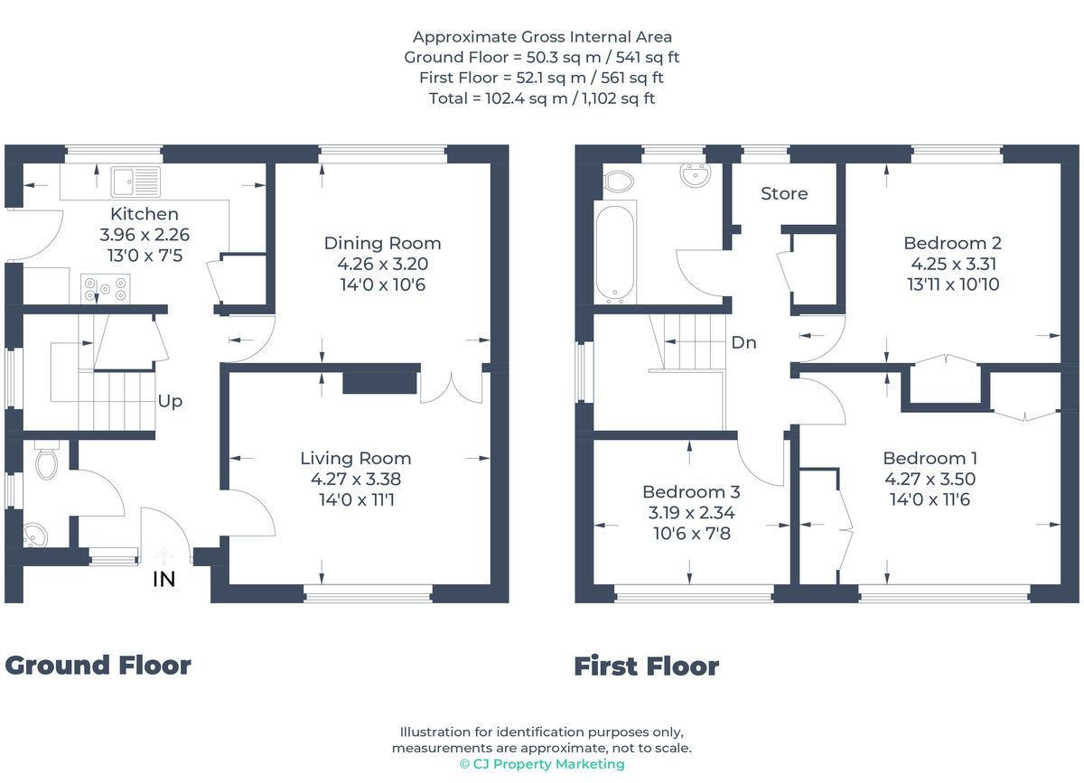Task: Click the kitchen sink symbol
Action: coord(135,182)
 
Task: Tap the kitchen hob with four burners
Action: coord(106,288)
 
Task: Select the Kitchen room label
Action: coord(145,214)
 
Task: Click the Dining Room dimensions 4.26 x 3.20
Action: coord(382,265)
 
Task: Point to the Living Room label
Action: coord(356,458)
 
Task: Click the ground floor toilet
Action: coord(45,462)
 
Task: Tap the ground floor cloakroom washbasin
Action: coord(37,536)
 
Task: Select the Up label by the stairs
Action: coord(170,401)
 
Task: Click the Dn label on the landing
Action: coord(743,343)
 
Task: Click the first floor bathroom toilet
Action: coord(619,182)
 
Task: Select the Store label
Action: coord(784,193)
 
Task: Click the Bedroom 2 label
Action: coord(952,243)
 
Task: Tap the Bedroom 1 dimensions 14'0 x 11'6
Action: coord(930,499)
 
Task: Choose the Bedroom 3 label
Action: coord(691,492)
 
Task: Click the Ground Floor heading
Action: coord(98,666)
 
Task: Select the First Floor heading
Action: coord(647,666)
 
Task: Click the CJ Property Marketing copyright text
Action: coord(542,764)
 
